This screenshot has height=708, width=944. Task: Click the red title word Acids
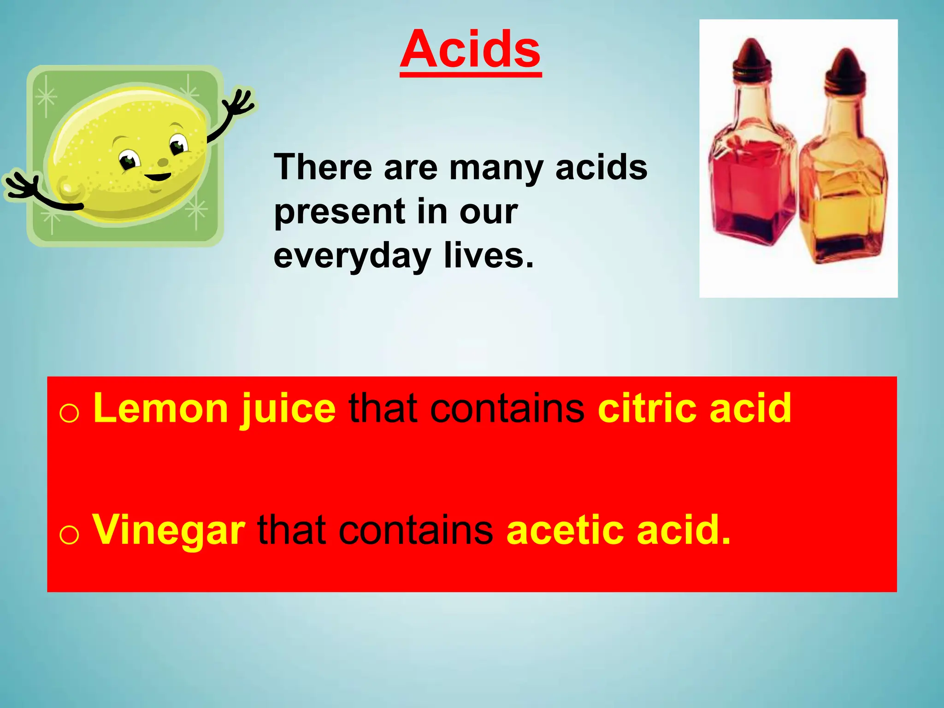pyautogui.click(x=470, y=49)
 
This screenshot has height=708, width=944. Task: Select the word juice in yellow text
pyautogui.click(x=288, y=409)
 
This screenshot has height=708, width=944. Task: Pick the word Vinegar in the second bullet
pyautogui.click(x=169, y=531)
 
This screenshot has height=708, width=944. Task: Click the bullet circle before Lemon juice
pyautogui.click(x=69, y=413)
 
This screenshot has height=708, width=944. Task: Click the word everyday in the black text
pyautogui.click(x=353, y=256)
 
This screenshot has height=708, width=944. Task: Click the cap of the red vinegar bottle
pyautogui.click(x=752, y=58)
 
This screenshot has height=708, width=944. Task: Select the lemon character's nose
pyautogui.click(x=163, y=162)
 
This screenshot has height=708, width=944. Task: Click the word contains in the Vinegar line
pyautogui.click(x=416, y=531)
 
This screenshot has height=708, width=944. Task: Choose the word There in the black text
pyautogui.click(x=323, y=168)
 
